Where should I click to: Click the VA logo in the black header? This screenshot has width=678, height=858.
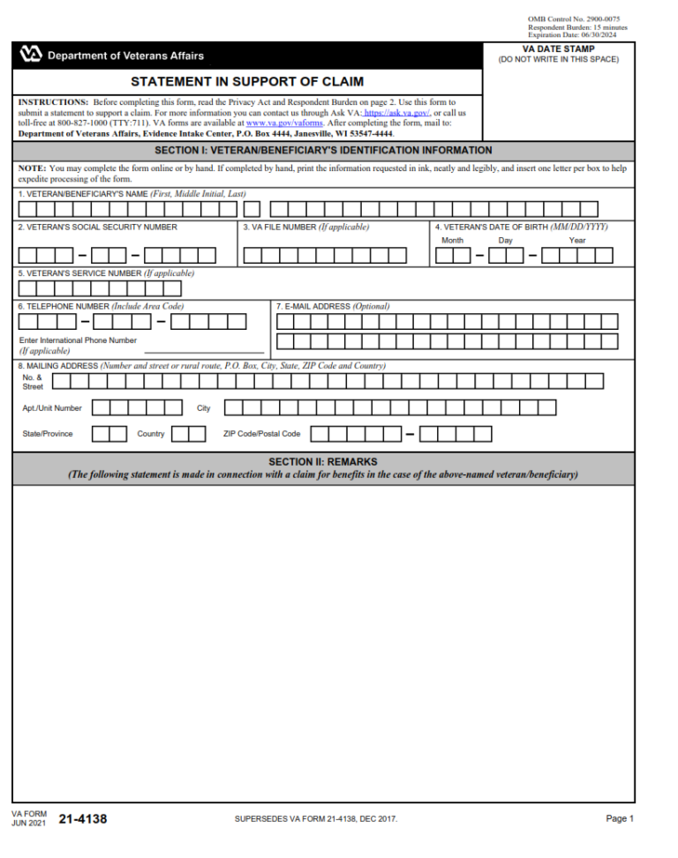point(30,56)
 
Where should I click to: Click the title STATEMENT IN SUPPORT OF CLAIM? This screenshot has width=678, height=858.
point(247,82)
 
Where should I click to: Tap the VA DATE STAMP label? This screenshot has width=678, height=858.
point(558,49)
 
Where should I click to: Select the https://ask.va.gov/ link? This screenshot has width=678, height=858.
point(396,114)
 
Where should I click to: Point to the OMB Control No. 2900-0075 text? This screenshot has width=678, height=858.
point(573,19)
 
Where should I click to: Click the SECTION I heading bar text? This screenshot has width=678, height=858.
point(323,151)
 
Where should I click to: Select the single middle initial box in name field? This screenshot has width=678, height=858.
point(252,210)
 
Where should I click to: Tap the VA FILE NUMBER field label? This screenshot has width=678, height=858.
point(305,228)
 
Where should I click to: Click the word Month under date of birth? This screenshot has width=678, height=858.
point(452,240)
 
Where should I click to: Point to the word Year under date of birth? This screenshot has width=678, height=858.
point(576,240)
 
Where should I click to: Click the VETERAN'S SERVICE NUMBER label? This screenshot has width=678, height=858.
point(106,273)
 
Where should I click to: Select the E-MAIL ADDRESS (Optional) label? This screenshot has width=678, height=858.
point(333,307)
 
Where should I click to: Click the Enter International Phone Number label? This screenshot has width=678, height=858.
point(78,339)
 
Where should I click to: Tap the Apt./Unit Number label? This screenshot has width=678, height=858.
point(52,408)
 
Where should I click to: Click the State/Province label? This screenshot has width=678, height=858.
point(48,434)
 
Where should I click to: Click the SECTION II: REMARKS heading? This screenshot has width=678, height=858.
point(323,462)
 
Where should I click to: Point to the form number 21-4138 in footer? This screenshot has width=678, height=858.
point(83,819)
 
